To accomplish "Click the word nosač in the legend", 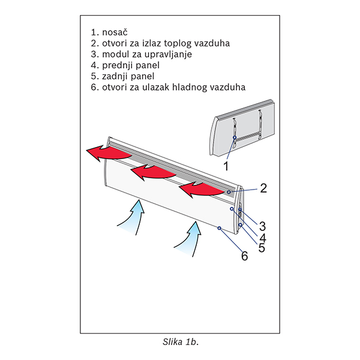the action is click(x=115, y=32).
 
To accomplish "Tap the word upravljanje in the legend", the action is click(x=168, y=55).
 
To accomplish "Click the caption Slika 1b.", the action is click(x=181, y=342).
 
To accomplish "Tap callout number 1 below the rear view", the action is click(x=226, y=166).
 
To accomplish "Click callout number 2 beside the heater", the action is click(x=263, y=188).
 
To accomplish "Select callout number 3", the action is click(x=262, y=226).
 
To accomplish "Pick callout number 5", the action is click(x=262, y=248).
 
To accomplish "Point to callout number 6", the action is click(x=245, y=256).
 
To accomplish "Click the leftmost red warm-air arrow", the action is click(x=109, y=153).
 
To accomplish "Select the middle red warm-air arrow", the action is click(x=153, y=173).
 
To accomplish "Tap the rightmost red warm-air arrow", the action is click(x=202, y=189).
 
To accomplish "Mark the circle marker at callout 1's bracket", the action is click(x=235, y=137).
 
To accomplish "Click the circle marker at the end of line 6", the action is click(x=219, y=228).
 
